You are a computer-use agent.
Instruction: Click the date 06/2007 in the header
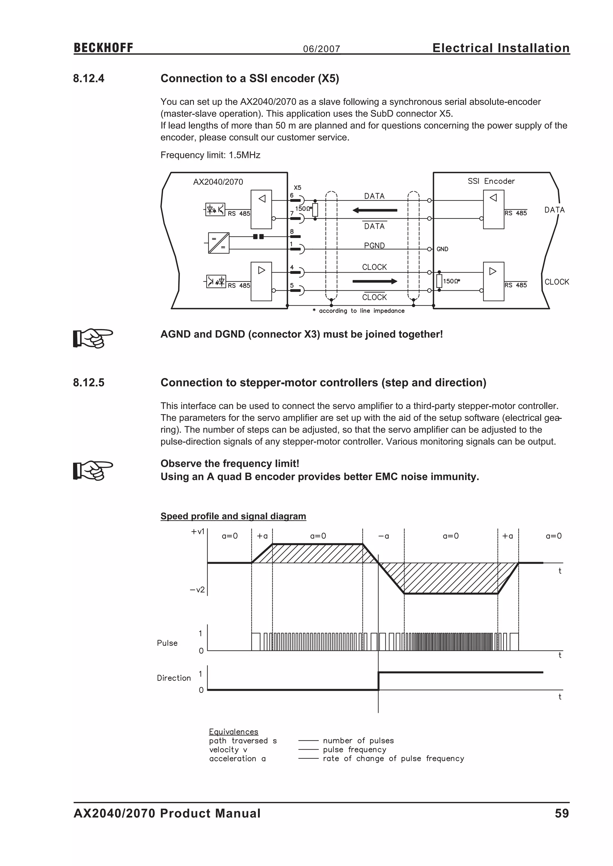pos(321,49)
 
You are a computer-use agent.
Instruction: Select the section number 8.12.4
pos(89,78)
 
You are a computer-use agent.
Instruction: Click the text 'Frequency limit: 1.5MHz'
pos(210,155)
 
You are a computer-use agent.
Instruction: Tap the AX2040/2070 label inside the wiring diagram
pos(218,182)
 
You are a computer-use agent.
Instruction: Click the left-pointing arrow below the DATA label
pos(374,210)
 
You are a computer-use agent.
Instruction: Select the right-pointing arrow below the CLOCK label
pos(374,281)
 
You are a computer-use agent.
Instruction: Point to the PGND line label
pos(374,246)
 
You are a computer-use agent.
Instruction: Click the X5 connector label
pos(298,187)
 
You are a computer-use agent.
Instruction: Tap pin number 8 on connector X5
pos(292,231)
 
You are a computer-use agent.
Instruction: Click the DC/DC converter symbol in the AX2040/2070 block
pos(219,243)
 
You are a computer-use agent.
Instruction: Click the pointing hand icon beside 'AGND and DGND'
pos(93,337)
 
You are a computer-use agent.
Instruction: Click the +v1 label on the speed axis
pos(198,531)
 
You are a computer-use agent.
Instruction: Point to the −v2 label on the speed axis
pos(197,589)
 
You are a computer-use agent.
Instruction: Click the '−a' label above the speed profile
pos(383,536)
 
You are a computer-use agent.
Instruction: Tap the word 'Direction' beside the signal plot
pos(174,678)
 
